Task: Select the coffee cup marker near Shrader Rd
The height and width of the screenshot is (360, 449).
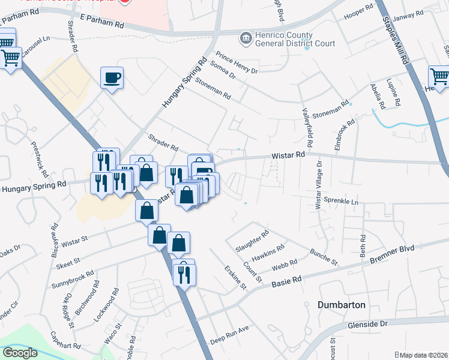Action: [112, 77]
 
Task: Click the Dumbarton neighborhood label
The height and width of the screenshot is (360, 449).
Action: [342, 305]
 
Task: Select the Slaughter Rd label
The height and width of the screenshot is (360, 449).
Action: [252, 238]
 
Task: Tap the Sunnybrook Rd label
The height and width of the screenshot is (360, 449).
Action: [73, 278]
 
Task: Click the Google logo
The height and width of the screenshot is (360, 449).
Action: [20, 353]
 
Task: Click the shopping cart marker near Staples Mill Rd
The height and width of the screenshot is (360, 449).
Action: [439, 77]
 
